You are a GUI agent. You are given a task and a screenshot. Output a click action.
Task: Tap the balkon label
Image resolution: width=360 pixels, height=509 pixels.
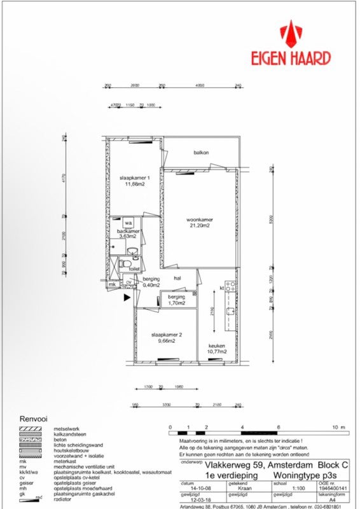(x=202, y=152)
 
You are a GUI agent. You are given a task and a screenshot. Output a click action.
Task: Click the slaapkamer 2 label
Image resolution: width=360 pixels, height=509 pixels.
(x=167, y=337)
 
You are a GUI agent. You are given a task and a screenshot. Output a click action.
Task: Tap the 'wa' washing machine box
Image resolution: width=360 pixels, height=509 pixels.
(x=128, y=223)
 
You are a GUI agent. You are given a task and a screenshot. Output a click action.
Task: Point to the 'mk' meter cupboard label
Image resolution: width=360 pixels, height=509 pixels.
(x=113, y=284)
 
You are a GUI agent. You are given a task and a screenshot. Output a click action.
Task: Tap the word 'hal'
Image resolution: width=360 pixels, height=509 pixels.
(x=179, y=279)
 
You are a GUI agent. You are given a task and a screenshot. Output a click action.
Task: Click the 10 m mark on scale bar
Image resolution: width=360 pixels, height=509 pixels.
(x=342, y=428)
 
